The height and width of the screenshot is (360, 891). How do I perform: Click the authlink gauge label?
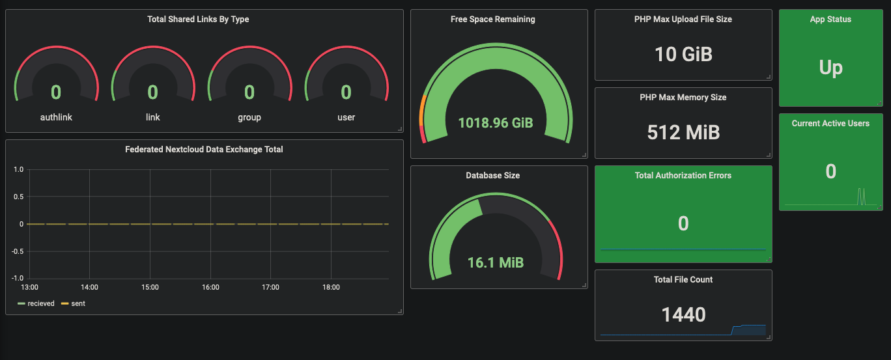56,117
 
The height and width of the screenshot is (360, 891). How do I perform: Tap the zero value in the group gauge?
249,92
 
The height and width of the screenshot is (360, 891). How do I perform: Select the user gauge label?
346,117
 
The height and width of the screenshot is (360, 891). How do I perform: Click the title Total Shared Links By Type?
198,20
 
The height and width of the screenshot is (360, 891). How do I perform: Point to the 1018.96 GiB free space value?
495,122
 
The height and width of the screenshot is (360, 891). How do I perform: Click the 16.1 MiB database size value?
495,262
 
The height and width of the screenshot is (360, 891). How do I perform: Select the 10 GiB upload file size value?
683,54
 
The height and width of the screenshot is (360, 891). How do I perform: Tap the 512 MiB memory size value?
683,132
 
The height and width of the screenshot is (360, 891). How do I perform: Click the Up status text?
830,68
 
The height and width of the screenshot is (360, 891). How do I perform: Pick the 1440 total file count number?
683,315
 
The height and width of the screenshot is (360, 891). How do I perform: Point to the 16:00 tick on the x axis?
210,287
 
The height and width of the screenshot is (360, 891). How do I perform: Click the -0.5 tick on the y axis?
17,251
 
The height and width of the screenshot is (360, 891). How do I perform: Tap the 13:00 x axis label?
30,287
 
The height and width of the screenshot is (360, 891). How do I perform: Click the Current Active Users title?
830,124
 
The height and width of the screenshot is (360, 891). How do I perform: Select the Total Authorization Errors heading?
683,176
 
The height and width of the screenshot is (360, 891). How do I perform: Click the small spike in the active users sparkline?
861,196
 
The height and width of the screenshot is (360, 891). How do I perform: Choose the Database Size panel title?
492,176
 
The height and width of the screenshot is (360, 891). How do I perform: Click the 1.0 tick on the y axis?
18,170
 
